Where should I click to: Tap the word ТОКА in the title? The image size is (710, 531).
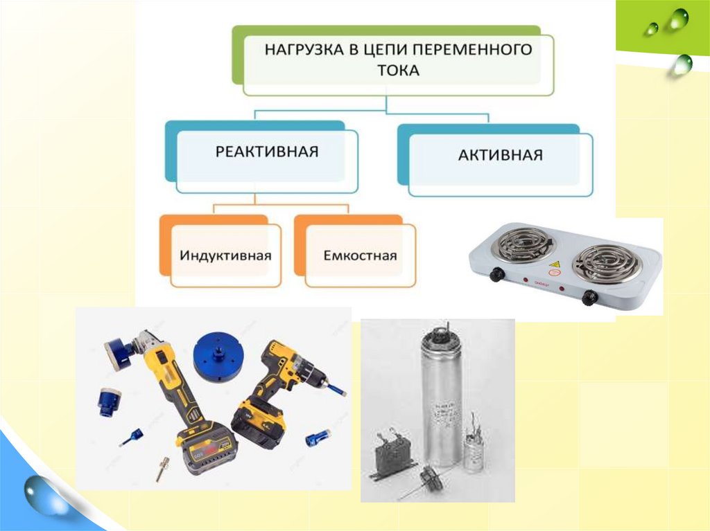pyautogui.click(x=399, y=71)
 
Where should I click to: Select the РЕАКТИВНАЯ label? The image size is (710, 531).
pyautogui.click(x=267, y=151)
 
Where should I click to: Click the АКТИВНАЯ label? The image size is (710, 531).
pyautogui.click(x=501, y=154)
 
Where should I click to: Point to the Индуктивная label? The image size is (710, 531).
pyautogui.click(x=225, y=255)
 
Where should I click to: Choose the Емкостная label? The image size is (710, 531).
pyautogui.click(x=360, y=255)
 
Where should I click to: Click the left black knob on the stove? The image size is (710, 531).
pyautogui.click(x=497, y=274)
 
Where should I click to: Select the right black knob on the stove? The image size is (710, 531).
pyautogui.click(x=589, y=297)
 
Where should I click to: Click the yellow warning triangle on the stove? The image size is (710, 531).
pyautogui.click(x=554, y=264)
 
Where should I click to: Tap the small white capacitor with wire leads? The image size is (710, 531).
pyautogui.click(x=474, y=447)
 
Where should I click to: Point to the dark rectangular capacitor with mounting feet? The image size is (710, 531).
pyautogui.click(x=393, y=457)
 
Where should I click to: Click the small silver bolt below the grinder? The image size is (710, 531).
pyautogui.click(x=162, y=469)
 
